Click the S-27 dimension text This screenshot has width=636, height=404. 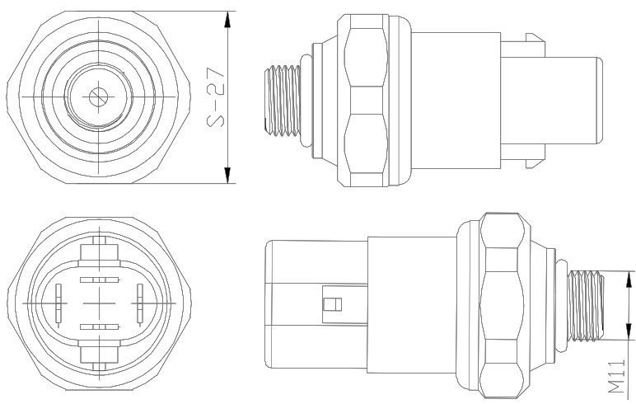[217, 97]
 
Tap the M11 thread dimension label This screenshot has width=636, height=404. [617, 377]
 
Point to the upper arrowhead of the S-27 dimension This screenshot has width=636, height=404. [227, 17]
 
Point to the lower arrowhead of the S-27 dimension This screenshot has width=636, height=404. [227, 176]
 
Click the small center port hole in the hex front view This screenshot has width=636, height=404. [98, 96]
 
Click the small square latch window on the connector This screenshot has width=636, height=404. [333, 305]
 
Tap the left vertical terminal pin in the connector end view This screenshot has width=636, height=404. [58, 303]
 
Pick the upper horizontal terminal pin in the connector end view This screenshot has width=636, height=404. [99, 280]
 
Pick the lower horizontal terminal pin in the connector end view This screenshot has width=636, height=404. [99, 327]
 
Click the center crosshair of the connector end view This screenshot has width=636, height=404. [99, 303]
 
